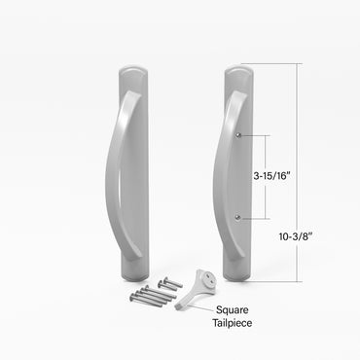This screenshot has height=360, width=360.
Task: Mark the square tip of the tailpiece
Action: tap(181, 309)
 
